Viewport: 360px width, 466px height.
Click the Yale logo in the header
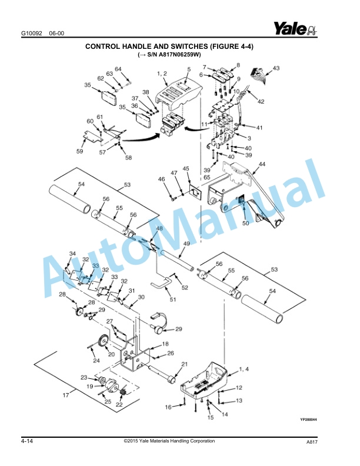click(x=295, y=28)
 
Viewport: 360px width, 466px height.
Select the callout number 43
click(x=276, y=68)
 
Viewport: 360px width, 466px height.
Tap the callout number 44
click(x=262, y=164)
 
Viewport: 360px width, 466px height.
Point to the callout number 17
click(x=66, y=395)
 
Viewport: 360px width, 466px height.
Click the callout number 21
click(x=185, y=364)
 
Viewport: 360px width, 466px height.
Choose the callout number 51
click(x=173, y=299)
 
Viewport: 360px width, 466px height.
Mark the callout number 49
click(x=186, y=244)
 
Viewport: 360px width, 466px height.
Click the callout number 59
click(x=79, y=151)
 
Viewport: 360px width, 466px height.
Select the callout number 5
click(x=189, y=69)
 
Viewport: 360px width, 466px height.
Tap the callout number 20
click(x=111, y=354)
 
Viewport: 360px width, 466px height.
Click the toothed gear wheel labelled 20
click(x=102, y=341)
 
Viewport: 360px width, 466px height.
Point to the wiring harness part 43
click(x=258, y=72)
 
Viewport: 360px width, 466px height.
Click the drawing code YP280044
click(x=308, y=420)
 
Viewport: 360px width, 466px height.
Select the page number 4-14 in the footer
click(x=27, y=441)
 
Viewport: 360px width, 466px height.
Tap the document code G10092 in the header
click(x=32, y=34)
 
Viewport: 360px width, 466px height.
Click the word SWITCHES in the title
click(x=189, y=46)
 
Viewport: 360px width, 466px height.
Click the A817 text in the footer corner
click(x=312, y=442)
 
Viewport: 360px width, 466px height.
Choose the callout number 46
click(x=161, y=179)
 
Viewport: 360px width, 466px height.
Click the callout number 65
click(x=206, y=178)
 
